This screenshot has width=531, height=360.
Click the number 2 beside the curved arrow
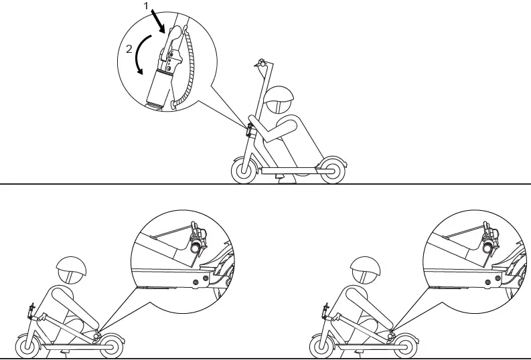(x=129, y=50)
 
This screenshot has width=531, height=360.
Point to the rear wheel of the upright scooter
(x=331, y=171)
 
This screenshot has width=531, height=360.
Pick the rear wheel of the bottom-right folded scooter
(x=404, y=347)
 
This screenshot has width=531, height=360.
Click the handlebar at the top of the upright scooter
(x=261, y=62)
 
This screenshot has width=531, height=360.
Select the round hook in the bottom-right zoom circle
(x=488, y=248)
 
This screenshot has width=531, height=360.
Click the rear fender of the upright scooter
(x=335, y=159)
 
